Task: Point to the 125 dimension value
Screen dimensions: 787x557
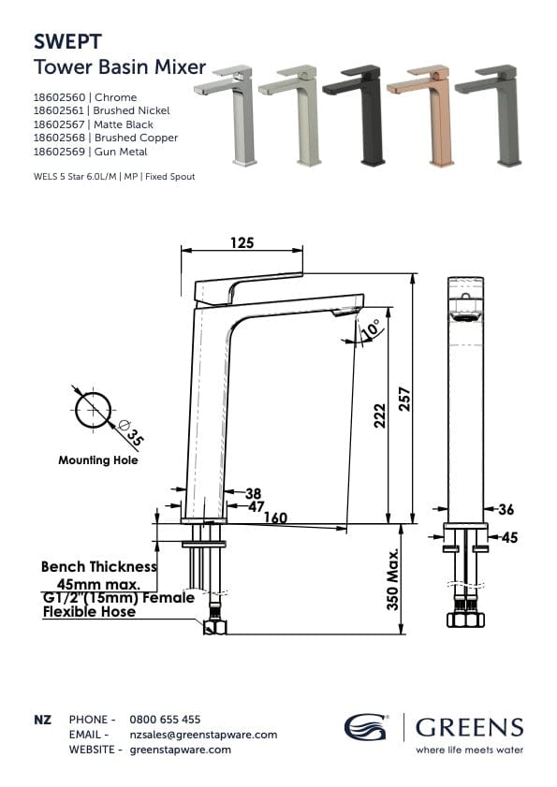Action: (x=242, y=243)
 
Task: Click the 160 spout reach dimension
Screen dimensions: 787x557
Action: (x=274, y=517)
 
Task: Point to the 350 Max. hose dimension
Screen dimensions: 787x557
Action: (x=394, y=580)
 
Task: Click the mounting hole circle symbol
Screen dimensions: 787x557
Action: (x=93, y=411)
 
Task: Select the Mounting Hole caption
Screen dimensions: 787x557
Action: (x=98, y=460)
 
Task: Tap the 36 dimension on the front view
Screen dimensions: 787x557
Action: (x=506, y=509)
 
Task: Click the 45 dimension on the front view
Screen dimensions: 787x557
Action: (x=508, y=537)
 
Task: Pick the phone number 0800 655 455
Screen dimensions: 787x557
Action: (x=165, y=720)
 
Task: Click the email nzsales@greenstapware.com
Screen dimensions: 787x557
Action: (x=203, y=735)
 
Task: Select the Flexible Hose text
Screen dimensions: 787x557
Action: (x=90, y=612)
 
